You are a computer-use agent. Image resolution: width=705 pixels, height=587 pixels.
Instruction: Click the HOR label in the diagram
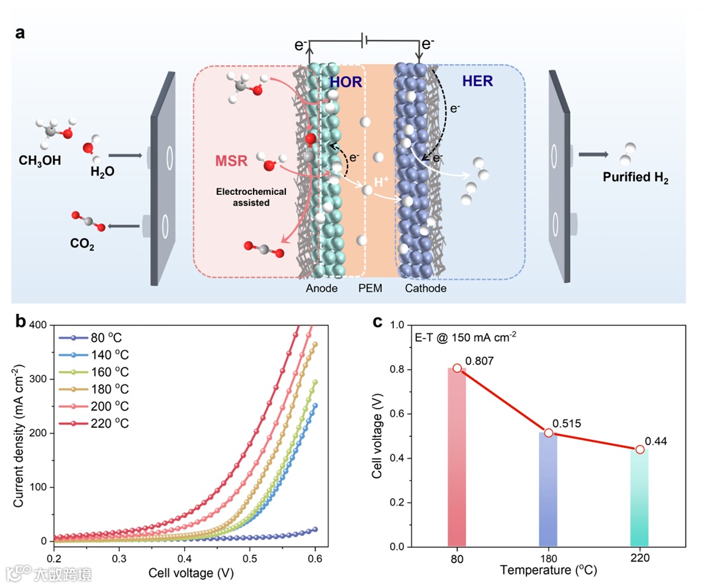pos(346,81)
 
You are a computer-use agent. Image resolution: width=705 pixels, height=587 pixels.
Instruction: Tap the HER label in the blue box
pos(477,81)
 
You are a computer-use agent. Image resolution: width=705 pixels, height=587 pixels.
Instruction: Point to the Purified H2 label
pos(635,177)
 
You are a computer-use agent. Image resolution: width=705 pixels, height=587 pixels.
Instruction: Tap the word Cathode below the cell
pos(426,289)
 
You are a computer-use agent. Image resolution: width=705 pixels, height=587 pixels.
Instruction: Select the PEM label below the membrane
pos(370,289)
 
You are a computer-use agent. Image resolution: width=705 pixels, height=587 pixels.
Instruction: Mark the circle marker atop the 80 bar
pos(457,368)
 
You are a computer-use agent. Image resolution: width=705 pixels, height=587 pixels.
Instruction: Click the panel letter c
pos(378,322)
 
